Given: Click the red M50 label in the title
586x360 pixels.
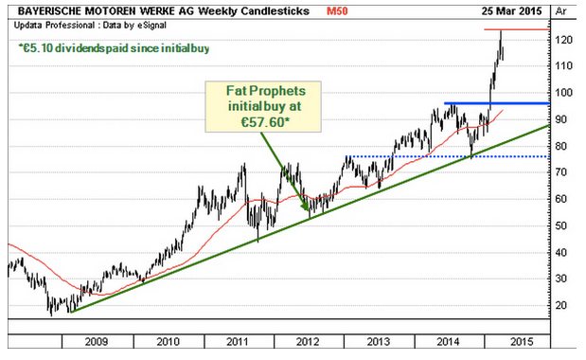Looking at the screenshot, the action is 337,11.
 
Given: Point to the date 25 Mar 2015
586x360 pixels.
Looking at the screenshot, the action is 511,11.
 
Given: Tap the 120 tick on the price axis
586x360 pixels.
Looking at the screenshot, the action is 563,40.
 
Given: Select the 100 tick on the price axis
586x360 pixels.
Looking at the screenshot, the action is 563,93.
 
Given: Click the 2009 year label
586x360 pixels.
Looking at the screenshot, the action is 96,342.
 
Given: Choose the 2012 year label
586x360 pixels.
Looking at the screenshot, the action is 308,342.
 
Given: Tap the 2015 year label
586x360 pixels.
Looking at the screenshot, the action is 522,342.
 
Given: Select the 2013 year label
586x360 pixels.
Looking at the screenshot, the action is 379,342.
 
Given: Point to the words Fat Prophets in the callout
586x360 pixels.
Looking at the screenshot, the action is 266,91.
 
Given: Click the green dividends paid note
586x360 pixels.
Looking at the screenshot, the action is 114,48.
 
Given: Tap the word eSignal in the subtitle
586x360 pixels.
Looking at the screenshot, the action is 152,26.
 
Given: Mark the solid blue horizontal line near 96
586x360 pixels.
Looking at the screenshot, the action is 497,103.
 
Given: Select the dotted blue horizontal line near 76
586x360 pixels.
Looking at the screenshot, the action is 448,156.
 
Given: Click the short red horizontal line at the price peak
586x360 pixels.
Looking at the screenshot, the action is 517,29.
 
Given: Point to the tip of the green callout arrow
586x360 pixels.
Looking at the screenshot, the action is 308,210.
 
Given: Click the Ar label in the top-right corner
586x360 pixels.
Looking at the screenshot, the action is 561,11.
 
